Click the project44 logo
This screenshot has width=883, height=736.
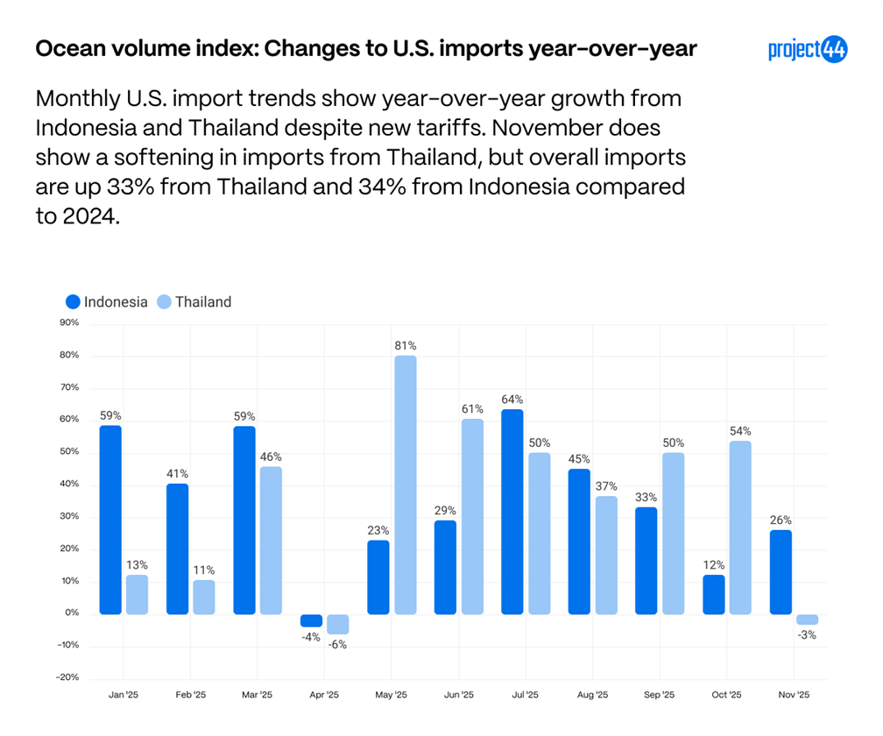coord(808,50)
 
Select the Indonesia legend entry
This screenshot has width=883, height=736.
coord(107,302)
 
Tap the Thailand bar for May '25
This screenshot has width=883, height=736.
coord(406,485)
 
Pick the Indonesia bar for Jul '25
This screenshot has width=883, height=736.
coord(512,512)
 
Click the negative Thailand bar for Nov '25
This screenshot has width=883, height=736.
coord(808,619)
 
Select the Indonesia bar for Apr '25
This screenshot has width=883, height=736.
coord(311,621)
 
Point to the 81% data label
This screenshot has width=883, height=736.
coord(406,346)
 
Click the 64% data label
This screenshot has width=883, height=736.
coord(512,400)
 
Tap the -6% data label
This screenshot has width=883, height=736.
coord(338,645)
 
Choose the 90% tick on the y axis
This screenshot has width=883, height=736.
coord(69,322)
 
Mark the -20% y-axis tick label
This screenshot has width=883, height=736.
coord(67,677)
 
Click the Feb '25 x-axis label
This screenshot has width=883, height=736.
coord(190,695)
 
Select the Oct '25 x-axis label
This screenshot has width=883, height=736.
coord(726,695)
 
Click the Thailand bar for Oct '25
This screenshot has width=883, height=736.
coord(740,527)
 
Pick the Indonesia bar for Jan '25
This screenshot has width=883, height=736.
coord(110,520)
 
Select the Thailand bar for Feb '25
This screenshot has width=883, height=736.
coord(204,597)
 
